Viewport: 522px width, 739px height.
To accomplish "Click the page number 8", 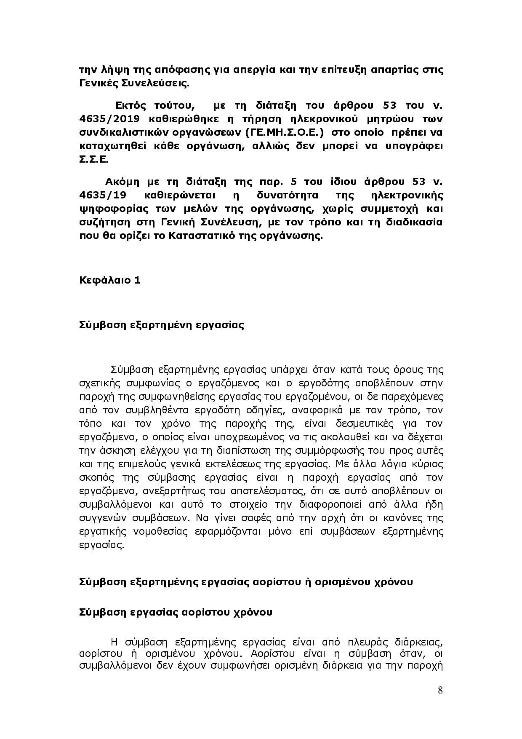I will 440,690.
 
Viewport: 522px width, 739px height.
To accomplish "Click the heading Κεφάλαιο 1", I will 109,280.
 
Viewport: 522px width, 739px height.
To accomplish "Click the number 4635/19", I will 101,195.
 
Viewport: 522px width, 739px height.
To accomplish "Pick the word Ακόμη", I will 123,182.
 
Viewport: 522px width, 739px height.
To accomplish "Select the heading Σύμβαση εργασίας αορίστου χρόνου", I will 176,612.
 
